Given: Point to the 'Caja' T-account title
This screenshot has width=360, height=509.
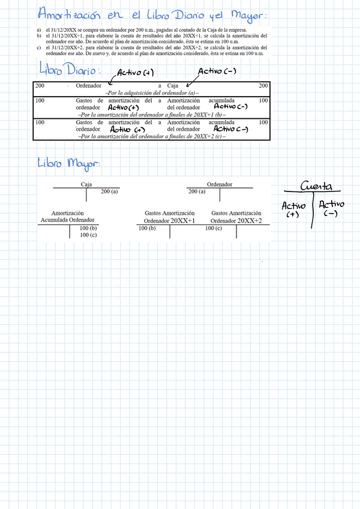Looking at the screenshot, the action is click(86, 184).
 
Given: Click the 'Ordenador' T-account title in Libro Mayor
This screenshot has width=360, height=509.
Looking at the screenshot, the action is click(219, 184).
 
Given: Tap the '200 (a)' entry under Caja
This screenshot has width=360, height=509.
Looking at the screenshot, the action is click(109, 191).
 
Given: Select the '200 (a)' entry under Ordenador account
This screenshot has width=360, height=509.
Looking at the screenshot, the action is click(197, 191).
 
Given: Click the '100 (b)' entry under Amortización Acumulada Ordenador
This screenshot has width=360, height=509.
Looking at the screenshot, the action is click(88, 228).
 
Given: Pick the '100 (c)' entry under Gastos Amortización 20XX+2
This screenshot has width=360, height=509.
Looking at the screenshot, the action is click(214, 228).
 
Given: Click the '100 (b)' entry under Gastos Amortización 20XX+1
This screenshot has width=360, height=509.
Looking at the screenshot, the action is click(147, 228).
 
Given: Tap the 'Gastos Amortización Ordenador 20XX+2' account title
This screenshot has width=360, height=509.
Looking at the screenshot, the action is click(236, 217).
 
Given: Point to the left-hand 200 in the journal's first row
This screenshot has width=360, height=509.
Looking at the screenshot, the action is click(40, 86).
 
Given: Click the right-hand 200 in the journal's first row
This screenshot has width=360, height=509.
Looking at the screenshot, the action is click(263, 86).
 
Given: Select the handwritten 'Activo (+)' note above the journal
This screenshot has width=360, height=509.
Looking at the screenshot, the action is click(137, 73).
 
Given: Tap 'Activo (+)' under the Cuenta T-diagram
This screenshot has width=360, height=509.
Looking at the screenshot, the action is click(293, 209).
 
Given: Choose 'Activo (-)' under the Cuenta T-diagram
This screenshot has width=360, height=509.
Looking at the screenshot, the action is click(331, 208).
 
